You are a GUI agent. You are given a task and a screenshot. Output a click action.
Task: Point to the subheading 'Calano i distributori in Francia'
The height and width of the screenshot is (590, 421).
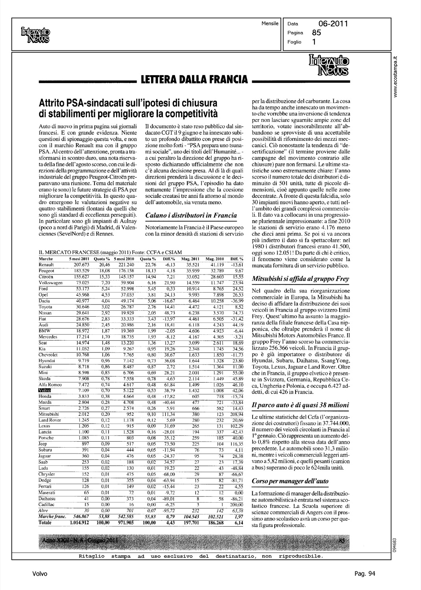191,215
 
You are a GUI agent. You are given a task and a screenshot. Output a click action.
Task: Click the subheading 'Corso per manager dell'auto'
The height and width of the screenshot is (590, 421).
290,481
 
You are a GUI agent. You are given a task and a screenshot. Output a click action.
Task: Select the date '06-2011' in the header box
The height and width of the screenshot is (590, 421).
333,24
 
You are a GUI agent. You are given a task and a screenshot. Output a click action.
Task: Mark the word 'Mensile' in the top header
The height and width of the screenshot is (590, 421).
270,24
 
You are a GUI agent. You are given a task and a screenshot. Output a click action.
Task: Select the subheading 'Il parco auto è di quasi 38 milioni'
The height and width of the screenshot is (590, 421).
300,405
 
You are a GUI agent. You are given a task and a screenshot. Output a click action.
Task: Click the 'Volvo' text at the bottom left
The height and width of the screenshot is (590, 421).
40,573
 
